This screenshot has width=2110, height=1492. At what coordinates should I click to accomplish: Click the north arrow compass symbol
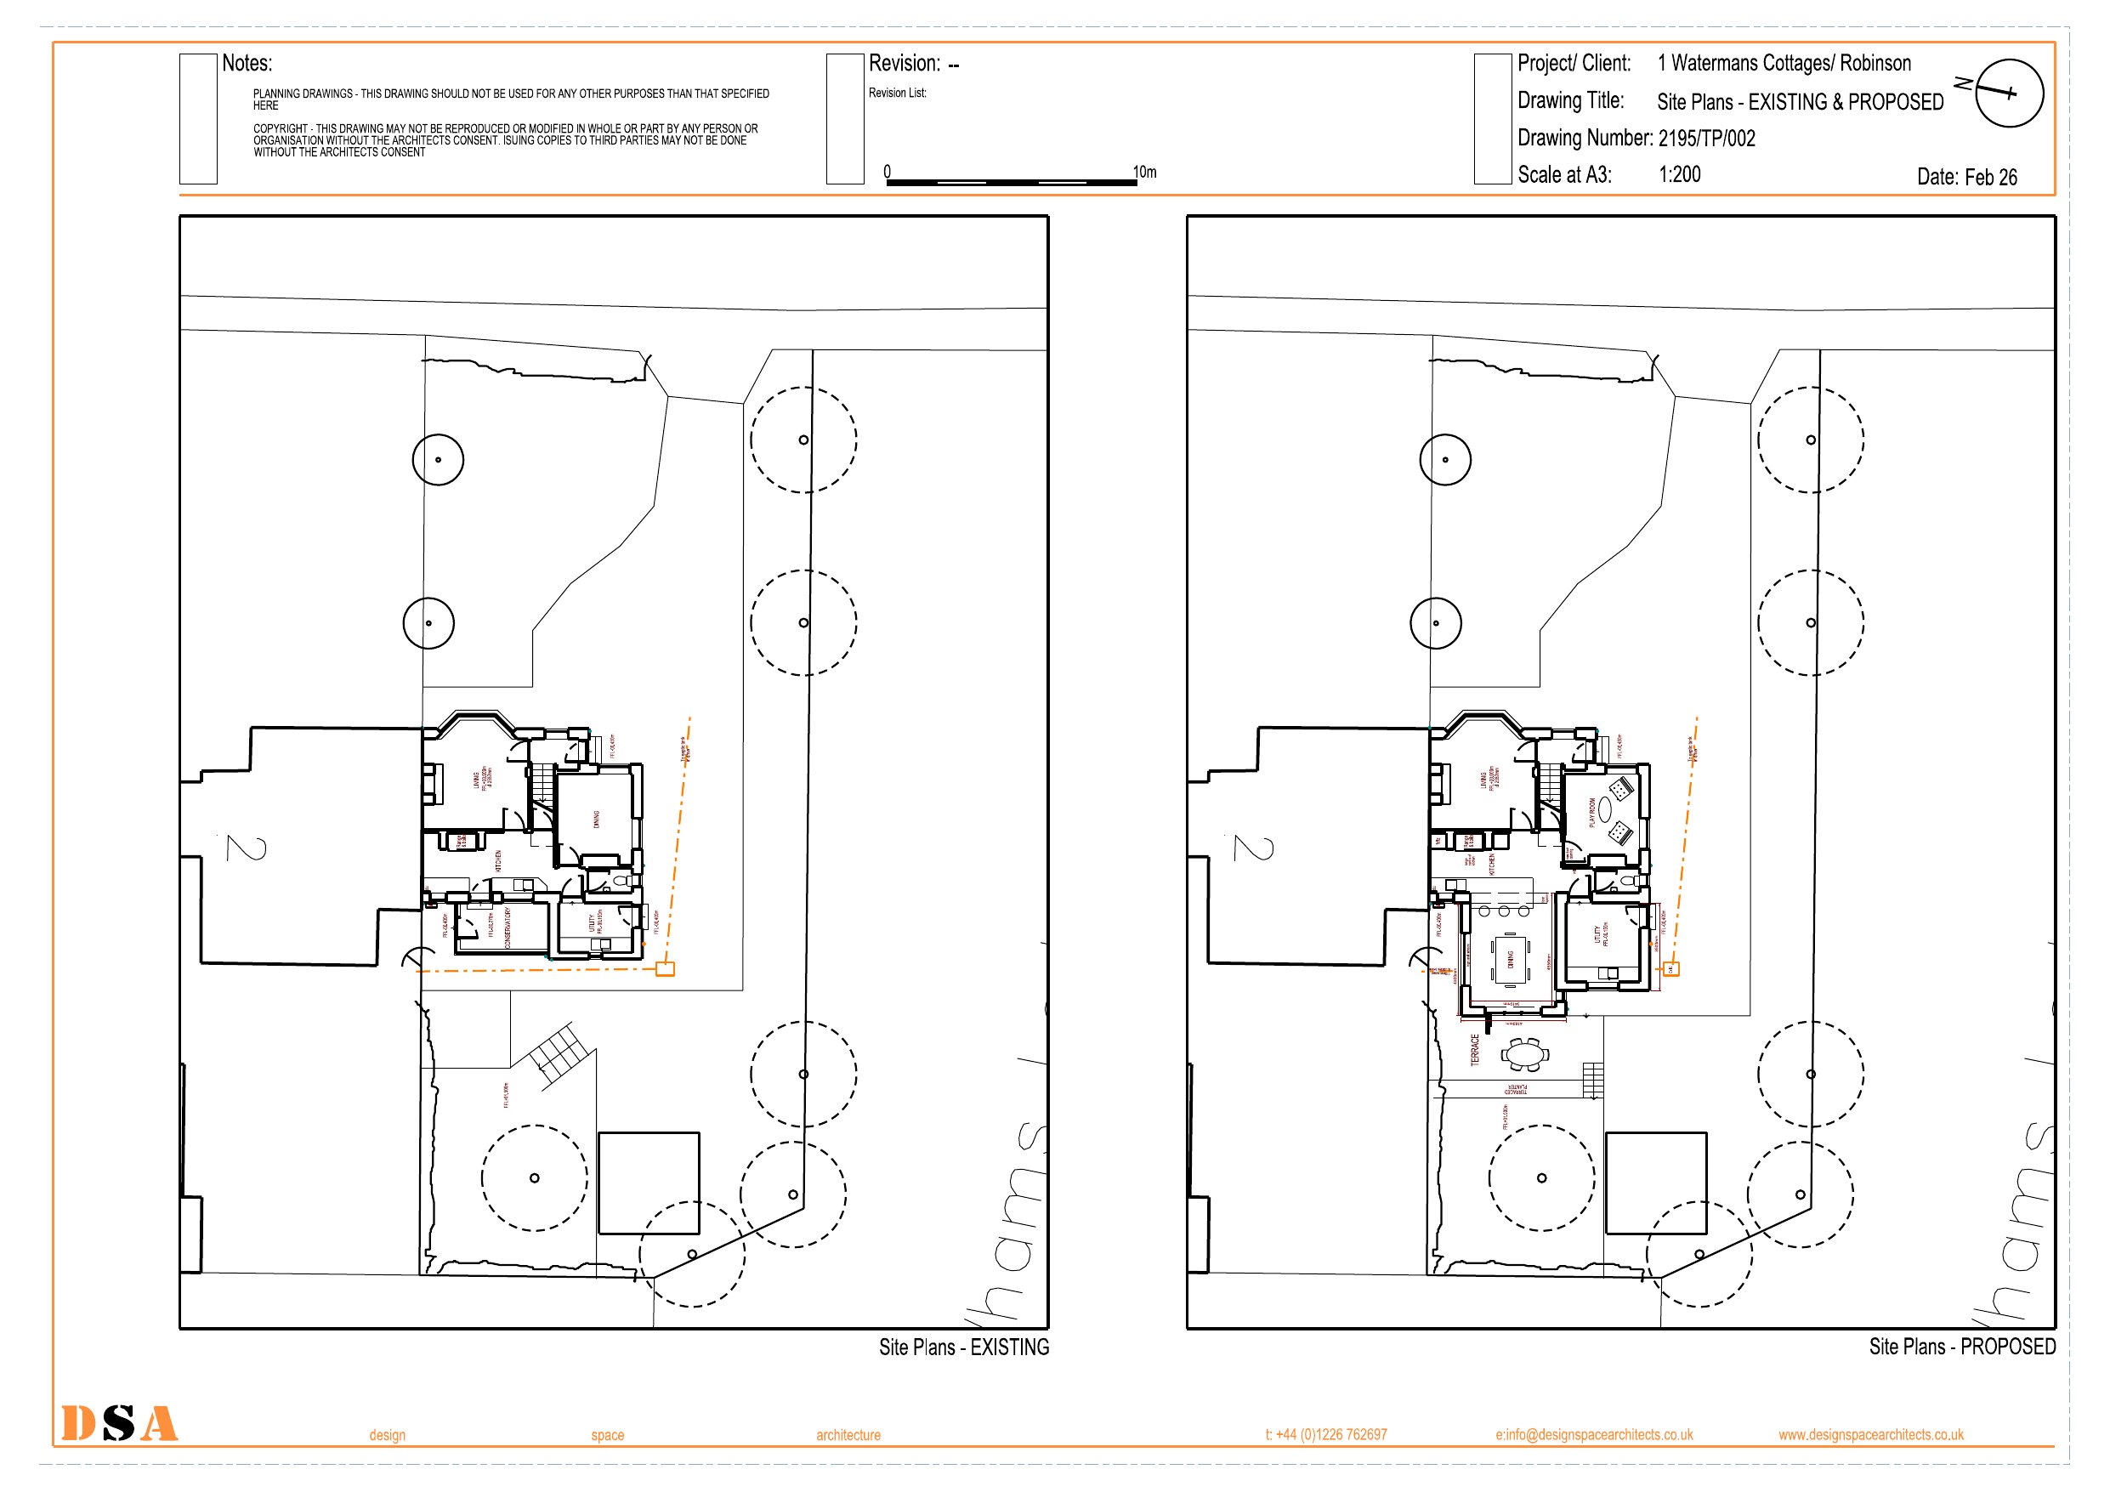pos(2008,93)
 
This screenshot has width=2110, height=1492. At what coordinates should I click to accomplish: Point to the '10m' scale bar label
pos(1144,172)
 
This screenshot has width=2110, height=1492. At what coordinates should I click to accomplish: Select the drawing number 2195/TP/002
pos(1706,139)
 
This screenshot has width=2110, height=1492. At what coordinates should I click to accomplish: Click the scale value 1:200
pos(1679,174)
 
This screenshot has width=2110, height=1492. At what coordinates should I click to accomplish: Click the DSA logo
pos(120,1423)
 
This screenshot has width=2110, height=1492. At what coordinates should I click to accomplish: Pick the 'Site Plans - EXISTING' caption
pos(963,1347)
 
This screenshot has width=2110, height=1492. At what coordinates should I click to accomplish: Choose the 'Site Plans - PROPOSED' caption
pos(1962,1347)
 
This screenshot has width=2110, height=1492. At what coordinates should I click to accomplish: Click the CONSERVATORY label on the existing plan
pos(508,928)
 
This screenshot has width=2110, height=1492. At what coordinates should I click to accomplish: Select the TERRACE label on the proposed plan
pos(1475,1050)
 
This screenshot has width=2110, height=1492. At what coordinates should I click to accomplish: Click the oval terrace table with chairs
pos(1524,1054)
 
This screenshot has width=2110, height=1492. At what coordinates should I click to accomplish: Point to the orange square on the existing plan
pos(665,969)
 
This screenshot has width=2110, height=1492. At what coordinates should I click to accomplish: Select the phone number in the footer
pos(1325,1435)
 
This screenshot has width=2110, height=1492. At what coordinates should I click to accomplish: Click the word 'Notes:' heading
pos(247,64)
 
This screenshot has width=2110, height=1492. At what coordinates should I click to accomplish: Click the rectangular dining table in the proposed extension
pos(1509,960)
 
